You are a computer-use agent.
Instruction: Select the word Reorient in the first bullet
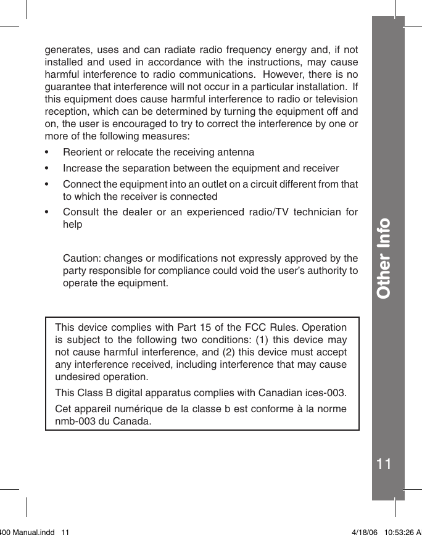(82, 152)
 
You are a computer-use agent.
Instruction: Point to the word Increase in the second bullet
(82, 168)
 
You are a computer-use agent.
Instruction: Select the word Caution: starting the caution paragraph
(83, 257)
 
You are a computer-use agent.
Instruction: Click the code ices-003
(323, 392)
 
